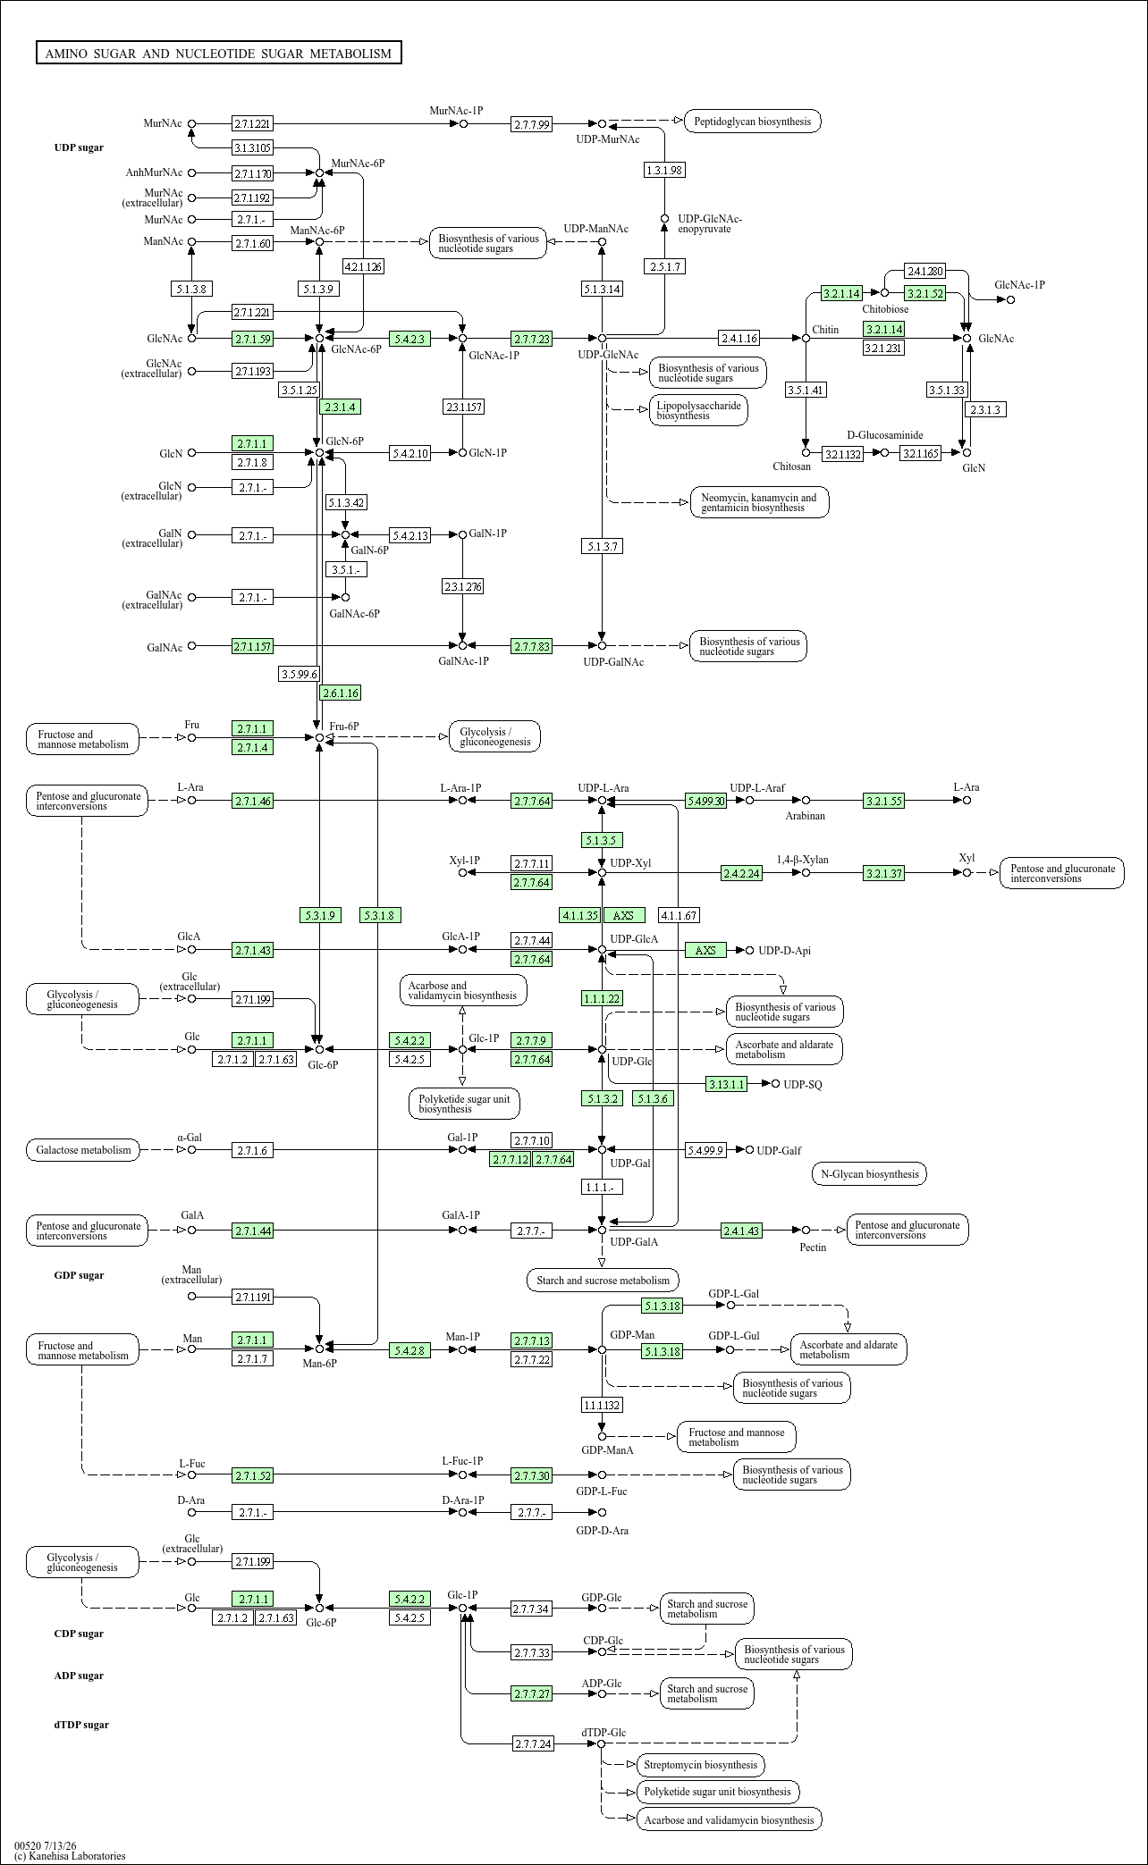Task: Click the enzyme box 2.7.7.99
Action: coord(532,124)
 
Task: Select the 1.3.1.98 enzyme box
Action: coord(664,170)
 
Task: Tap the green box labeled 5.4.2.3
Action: coord(410,339)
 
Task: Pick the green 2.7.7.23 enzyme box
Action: coord(532,339)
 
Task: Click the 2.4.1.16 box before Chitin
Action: coord(739,338)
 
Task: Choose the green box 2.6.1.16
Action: coord(341,693)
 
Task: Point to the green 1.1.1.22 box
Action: coord(602,998)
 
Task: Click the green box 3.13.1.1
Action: coord(726,1084)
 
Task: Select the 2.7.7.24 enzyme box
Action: coord(534,1743)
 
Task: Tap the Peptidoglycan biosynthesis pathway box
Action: coord(753,121)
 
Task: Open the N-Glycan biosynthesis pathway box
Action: coord(868,1174)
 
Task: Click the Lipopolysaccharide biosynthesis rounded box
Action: coord(698,410)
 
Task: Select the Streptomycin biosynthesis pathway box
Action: coord(700,1765)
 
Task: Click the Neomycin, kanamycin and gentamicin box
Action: coord(759,502)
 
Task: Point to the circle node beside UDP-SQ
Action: coord(775,1084)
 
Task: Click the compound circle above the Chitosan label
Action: coord(806,453)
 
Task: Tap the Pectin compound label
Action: coord(813,1247)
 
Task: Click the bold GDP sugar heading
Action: coord(79,1275)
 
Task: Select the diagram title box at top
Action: coord(218,54)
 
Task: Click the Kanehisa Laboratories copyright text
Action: coord(70,1856)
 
